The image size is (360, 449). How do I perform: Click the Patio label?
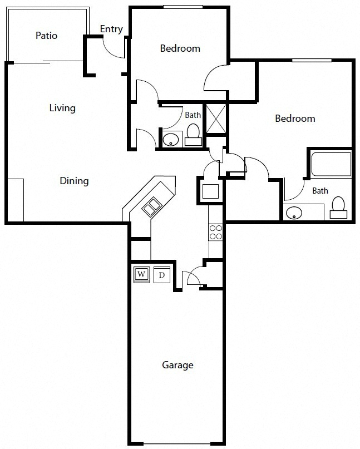tap(46, 36)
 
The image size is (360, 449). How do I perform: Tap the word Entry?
tap(111, 29)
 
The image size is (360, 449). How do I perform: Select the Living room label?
tap(62, 108)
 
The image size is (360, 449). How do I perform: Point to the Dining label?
tap(74, 181)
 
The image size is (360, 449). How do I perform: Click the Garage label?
tap(177, 365)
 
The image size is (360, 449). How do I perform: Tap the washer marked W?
tap(141, 275)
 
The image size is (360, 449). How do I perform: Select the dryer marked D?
tap(162, 275)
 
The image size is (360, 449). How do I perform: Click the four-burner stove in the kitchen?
tap(215, 232)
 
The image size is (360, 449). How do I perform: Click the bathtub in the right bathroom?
tap(331, 164)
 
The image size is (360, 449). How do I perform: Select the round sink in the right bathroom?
tap(294, 213)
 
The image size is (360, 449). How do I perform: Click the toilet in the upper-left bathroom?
tap(193, 135)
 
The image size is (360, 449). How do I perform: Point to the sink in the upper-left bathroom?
tap(171, 140)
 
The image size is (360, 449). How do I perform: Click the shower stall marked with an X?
tap(216, 119)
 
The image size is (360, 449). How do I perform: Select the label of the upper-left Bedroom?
tap(180, 48)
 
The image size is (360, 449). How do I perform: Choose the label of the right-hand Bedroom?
tap(295, 119)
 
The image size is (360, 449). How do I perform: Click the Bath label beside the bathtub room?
tap(320, 191)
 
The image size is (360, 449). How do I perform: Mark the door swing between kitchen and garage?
tap(194, 274)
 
